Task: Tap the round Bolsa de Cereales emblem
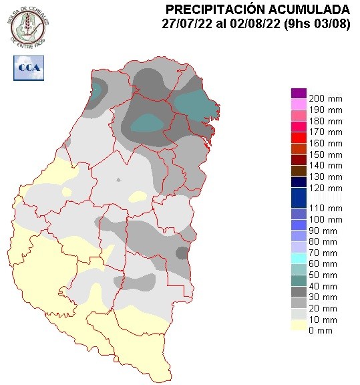coord(29,26)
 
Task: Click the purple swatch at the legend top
coord(299,94)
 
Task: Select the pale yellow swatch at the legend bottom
coord(299,326)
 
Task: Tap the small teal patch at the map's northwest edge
coord(98,89)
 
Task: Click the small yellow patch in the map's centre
coord(138,196)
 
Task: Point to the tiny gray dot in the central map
coord(118,180)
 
